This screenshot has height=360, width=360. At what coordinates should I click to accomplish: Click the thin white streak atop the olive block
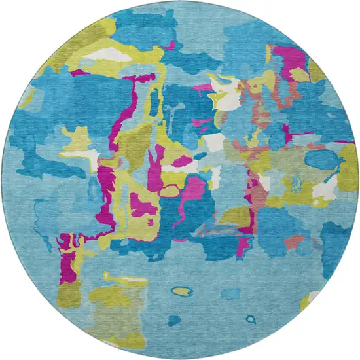pyautogui.click(x=124, y=281)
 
